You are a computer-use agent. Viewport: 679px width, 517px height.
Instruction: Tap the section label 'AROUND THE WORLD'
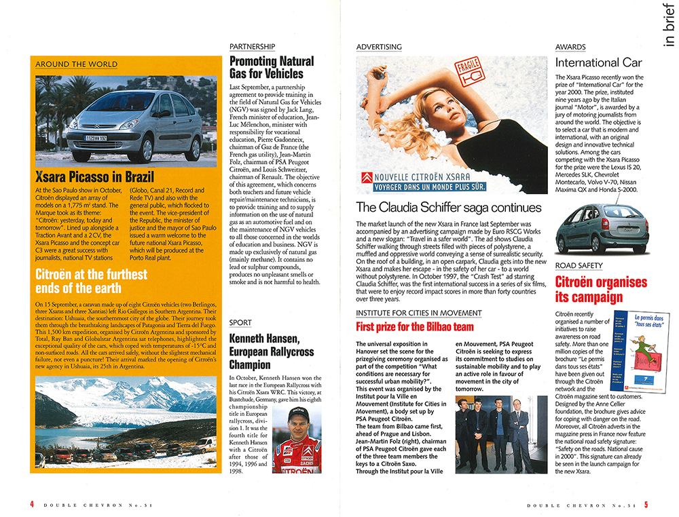76,64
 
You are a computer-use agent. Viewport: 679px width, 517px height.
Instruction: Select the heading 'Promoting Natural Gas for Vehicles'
272,68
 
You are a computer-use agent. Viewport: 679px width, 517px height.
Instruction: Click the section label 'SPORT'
240,322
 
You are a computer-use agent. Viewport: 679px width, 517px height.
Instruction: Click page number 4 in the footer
32,504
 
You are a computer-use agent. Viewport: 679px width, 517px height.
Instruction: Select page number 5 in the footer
646,504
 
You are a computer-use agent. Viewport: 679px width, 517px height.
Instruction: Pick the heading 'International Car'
598,63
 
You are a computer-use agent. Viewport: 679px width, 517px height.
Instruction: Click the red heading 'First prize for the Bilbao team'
405,326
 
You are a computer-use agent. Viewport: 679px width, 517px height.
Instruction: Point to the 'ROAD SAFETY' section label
579,265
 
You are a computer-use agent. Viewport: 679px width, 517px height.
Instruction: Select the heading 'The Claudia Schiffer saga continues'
449,208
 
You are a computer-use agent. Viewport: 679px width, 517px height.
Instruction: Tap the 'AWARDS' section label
570,47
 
